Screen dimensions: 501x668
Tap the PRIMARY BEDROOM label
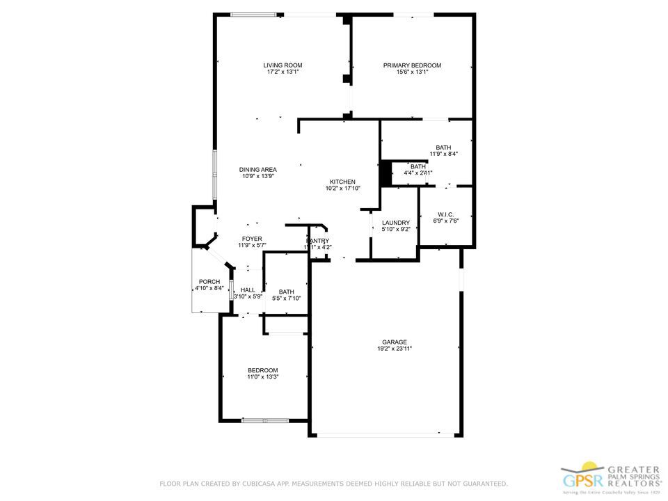(412, 65)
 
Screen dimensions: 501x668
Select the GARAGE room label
(394, 342)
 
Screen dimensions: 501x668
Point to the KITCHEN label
(342, 182)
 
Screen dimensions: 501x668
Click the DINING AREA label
(258, 170)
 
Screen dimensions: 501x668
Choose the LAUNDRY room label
(395, 223)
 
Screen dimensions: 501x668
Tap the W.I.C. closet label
(446, 214)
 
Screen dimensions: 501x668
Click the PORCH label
(209, 281)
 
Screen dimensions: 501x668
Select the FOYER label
(252, 239)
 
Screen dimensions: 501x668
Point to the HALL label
(248, 290)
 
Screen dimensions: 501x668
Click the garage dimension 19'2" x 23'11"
(394, 349)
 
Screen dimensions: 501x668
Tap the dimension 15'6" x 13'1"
(412, 72)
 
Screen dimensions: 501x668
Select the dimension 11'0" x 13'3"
(262, 376)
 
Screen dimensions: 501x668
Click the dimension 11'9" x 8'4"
(443, 154)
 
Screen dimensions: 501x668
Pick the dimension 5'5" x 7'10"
(286, 299)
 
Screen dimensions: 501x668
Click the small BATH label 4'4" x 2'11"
(417, 167)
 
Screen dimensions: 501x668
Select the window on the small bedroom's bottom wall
(265, 420)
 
